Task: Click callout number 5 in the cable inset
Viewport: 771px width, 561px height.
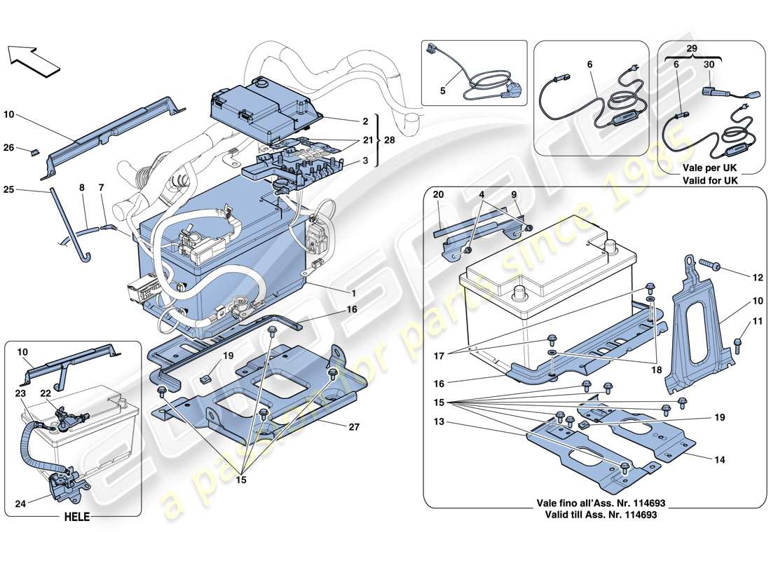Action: pyautogui.click(x=442, y=90)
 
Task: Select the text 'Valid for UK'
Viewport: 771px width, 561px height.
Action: pyautogui.click(x=711, y=180)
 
